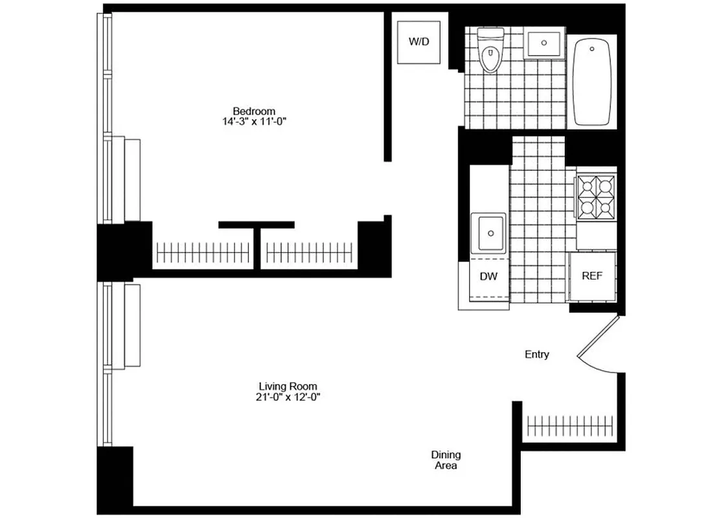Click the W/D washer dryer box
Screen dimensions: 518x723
click(419, 42)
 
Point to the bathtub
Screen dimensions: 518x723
click(592, 82)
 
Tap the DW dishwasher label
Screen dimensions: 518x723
click(488, 276)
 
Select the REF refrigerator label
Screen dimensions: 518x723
click(591, 275)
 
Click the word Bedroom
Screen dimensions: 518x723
click(255, 111)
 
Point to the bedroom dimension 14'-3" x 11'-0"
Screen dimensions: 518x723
click(255, 121)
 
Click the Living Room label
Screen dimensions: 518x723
click(288, 387)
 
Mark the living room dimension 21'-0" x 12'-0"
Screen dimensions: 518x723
click(288, 397)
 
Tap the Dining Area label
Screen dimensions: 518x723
click(446, 460)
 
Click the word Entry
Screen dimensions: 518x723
click(536, 354)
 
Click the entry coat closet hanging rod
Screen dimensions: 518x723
click(570, 426)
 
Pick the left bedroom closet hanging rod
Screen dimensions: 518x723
click(203, 251)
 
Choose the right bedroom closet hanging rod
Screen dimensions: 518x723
click(310, 251)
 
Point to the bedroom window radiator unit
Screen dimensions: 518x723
click(132, 179)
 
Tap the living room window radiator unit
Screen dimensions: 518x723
click(132, 326)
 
